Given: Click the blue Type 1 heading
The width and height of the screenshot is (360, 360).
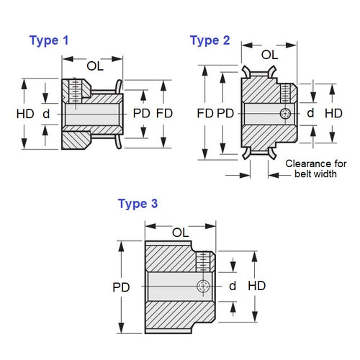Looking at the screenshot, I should (x=49, y=41).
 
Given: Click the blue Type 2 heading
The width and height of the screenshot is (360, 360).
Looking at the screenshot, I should (x=210, y=40).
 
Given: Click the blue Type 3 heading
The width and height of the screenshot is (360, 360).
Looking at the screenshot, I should (x=138, y=204).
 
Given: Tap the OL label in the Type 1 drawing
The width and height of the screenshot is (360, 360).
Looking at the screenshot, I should (x=95, y=66).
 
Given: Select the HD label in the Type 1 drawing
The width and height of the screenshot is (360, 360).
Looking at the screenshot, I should (x=24, y=113).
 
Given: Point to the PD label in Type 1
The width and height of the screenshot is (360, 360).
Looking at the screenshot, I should (x=141, y=113).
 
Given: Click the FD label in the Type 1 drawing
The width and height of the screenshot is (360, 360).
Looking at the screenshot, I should (x=164, y=113).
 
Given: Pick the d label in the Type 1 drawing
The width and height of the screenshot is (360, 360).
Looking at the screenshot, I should (x=46, y=113).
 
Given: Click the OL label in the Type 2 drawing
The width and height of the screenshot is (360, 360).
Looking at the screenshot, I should (x=269, y=54).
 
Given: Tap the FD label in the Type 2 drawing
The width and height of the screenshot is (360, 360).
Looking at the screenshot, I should (x=205, y=113).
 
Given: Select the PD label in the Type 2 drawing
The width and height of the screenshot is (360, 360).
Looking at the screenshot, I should (x=226, y=113).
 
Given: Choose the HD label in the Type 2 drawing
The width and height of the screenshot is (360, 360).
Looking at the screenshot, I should (x=333, y=113).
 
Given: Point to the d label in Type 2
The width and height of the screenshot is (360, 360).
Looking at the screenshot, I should (x=310, y=113).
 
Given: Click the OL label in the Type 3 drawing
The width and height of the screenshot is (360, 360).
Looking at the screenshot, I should (x=181, y=231).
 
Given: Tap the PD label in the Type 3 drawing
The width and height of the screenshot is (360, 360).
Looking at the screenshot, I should (x=122, y=286).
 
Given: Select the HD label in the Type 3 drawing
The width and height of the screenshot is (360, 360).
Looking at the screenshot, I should (x=256, y=286).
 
